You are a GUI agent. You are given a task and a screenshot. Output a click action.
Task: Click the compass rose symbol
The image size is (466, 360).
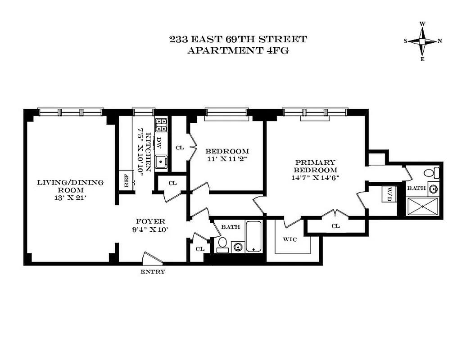click(422, 41)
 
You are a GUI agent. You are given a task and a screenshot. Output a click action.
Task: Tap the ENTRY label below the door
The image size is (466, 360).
click(153, 272)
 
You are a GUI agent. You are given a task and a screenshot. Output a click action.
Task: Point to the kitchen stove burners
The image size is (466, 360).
click(161, 124)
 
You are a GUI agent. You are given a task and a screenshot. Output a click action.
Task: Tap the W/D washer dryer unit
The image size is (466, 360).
click(388, 194)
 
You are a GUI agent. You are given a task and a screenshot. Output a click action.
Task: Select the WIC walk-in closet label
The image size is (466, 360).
click(290, 239)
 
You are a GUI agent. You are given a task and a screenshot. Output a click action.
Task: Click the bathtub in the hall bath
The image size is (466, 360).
click(254, 237)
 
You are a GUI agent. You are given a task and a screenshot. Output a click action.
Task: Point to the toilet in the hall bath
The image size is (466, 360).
click(222, 244)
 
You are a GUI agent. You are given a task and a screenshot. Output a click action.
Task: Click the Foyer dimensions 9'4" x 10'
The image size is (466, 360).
click(151, 229)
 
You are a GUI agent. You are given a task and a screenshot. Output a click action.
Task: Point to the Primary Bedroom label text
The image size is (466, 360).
click(315, 166)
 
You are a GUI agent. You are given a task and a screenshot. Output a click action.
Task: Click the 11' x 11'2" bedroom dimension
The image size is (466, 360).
click(227, 159)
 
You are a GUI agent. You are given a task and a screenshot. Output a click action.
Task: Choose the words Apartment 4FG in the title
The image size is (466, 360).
click(238, 50)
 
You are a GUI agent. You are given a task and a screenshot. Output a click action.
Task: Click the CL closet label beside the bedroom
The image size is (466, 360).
click(180, 147)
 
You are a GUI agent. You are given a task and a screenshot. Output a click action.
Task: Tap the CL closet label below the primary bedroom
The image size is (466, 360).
click(335, 226)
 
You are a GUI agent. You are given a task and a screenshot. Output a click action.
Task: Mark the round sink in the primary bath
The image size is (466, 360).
click(434, 189)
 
